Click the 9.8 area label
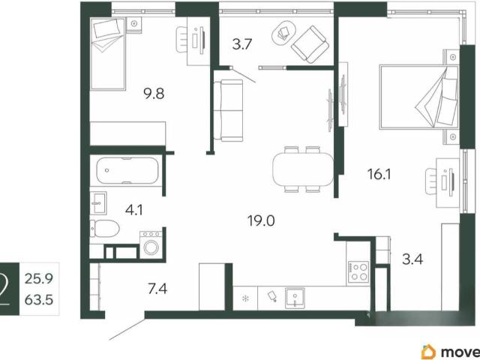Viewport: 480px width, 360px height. [154, 93]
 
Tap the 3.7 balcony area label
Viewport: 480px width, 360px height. [241, 44]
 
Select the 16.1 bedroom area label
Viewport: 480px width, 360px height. [379, 175]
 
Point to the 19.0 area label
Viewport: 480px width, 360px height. [261, 220]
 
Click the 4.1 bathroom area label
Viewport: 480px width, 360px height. [134, 210]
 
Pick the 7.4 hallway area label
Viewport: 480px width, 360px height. [157, 289]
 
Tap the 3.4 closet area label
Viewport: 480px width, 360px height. [412, 259]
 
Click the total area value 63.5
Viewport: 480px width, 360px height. [39, 300]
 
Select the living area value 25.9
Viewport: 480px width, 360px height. [39, 278]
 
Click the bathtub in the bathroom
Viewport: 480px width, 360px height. [127, 170]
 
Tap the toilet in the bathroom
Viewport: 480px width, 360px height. [105, 228]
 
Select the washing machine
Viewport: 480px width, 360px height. [151, 245]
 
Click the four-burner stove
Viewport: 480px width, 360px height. [358, 272]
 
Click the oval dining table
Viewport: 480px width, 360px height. [303, 169]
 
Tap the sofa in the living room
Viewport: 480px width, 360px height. [228, 110]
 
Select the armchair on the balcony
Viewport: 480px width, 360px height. [309, 45]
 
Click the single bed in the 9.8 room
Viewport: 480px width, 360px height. [108, 54]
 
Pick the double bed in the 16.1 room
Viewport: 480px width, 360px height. [418, 97]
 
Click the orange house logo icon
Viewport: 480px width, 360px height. [428, 352]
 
